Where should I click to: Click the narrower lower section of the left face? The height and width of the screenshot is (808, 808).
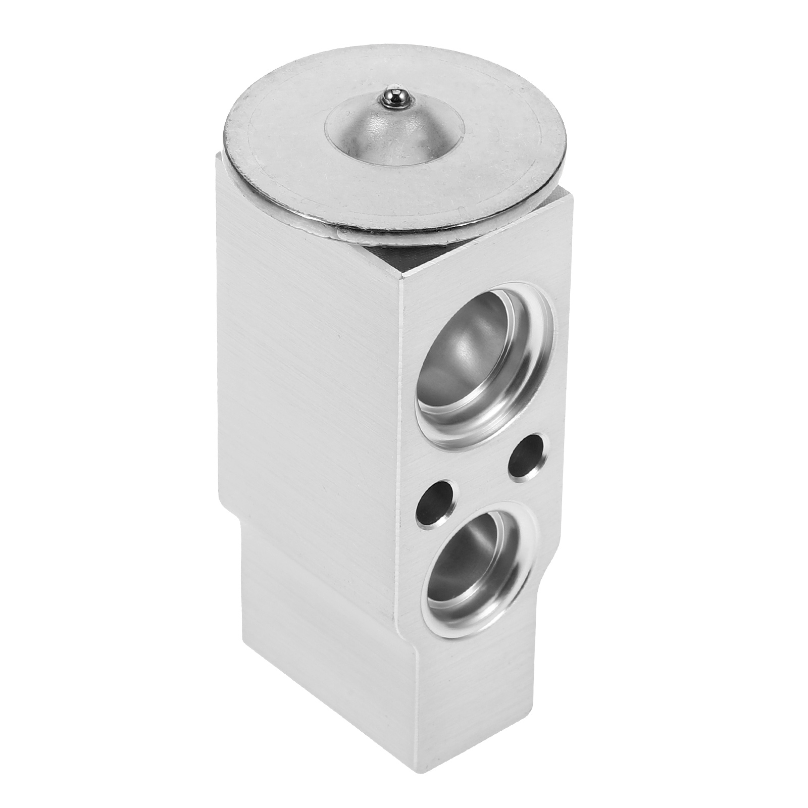(x=323, y=656)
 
